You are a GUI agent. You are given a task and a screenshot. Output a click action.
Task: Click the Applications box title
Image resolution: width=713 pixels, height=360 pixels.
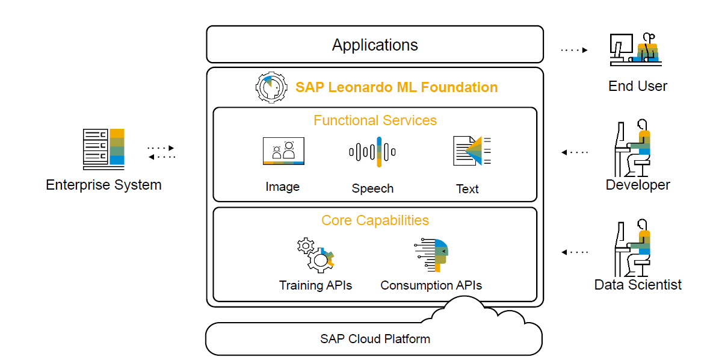[375, 45]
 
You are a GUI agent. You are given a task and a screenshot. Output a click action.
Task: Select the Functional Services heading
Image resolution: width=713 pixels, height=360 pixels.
[375, 120]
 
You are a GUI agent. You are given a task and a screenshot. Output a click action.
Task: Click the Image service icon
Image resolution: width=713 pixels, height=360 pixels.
[283, 151]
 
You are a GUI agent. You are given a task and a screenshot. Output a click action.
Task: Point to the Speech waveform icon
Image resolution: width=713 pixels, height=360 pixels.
[372, 152]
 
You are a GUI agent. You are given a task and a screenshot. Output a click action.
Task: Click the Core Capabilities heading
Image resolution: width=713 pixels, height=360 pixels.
[375, 220]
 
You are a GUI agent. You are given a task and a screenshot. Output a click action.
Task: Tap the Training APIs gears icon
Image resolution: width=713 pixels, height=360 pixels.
[315, 255]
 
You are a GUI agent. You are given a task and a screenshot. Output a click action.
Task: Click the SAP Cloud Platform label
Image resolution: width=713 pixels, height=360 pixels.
[375, 338]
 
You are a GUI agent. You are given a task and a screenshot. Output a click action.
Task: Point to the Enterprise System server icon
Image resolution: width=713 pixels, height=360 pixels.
[103, 149]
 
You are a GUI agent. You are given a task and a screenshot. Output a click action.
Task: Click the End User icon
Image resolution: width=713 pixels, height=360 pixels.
[634, 49]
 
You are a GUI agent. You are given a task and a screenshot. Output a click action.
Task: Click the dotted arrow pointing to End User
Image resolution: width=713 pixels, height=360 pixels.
[574, 51]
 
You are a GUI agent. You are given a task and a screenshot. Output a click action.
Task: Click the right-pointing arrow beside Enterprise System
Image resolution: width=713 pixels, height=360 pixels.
[161, 147]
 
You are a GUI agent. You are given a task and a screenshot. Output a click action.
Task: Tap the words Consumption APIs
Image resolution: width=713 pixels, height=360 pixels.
[431, 285]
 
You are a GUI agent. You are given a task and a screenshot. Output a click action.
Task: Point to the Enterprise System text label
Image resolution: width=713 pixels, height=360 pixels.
[103, 185]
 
